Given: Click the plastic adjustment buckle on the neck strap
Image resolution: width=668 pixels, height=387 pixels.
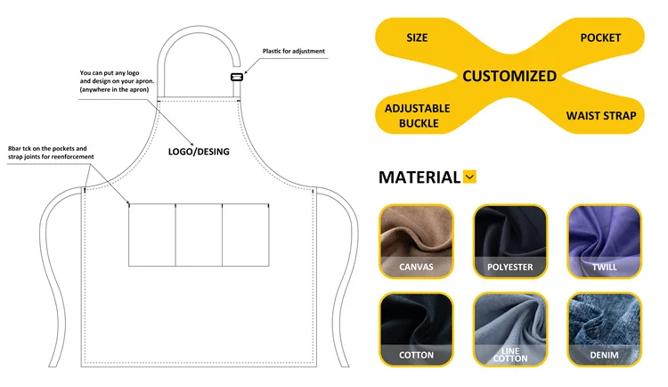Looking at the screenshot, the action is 237,78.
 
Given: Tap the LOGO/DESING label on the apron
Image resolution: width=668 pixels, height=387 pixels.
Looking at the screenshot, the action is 199,152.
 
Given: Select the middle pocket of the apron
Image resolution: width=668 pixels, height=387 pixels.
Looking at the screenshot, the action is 199,235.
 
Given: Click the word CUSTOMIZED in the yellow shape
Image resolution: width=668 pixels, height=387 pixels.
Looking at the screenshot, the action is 509,76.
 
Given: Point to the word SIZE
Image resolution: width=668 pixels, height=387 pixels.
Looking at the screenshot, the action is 417,37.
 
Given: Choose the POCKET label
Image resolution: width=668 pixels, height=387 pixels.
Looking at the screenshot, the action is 600,37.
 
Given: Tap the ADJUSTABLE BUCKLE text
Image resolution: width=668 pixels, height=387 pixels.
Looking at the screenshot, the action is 417,115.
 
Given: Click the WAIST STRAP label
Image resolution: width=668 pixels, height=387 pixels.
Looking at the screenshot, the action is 601,116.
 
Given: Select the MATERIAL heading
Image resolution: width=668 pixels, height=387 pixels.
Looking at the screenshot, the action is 420,177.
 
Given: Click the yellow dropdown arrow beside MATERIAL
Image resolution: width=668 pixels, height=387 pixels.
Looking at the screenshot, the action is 470,177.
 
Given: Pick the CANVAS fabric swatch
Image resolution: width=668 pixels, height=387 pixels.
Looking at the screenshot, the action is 417,240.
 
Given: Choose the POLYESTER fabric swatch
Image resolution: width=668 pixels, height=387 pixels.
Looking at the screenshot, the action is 509,240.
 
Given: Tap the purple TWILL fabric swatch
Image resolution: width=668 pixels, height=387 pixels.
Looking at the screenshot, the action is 604,240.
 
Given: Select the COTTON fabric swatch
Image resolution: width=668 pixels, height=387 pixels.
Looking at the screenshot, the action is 417,330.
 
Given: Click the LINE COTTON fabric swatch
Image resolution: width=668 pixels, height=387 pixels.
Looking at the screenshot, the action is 509,330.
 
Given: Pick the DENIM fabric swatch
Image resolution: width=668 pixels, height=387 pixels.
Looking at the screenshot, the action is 604,330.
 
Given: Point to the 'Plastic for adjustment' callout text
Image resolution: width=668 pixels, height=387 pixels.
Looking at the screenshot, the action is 294,51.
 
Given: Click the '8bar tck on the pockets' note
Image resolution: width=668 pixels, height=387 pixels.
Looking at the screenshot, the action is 50,152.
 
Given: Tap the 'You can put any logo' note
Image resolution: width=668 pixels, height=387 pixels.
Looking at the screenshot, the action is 118,81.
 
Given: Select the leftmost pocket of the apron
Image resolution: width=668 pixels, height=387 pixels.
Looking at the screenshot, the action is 151,235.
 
